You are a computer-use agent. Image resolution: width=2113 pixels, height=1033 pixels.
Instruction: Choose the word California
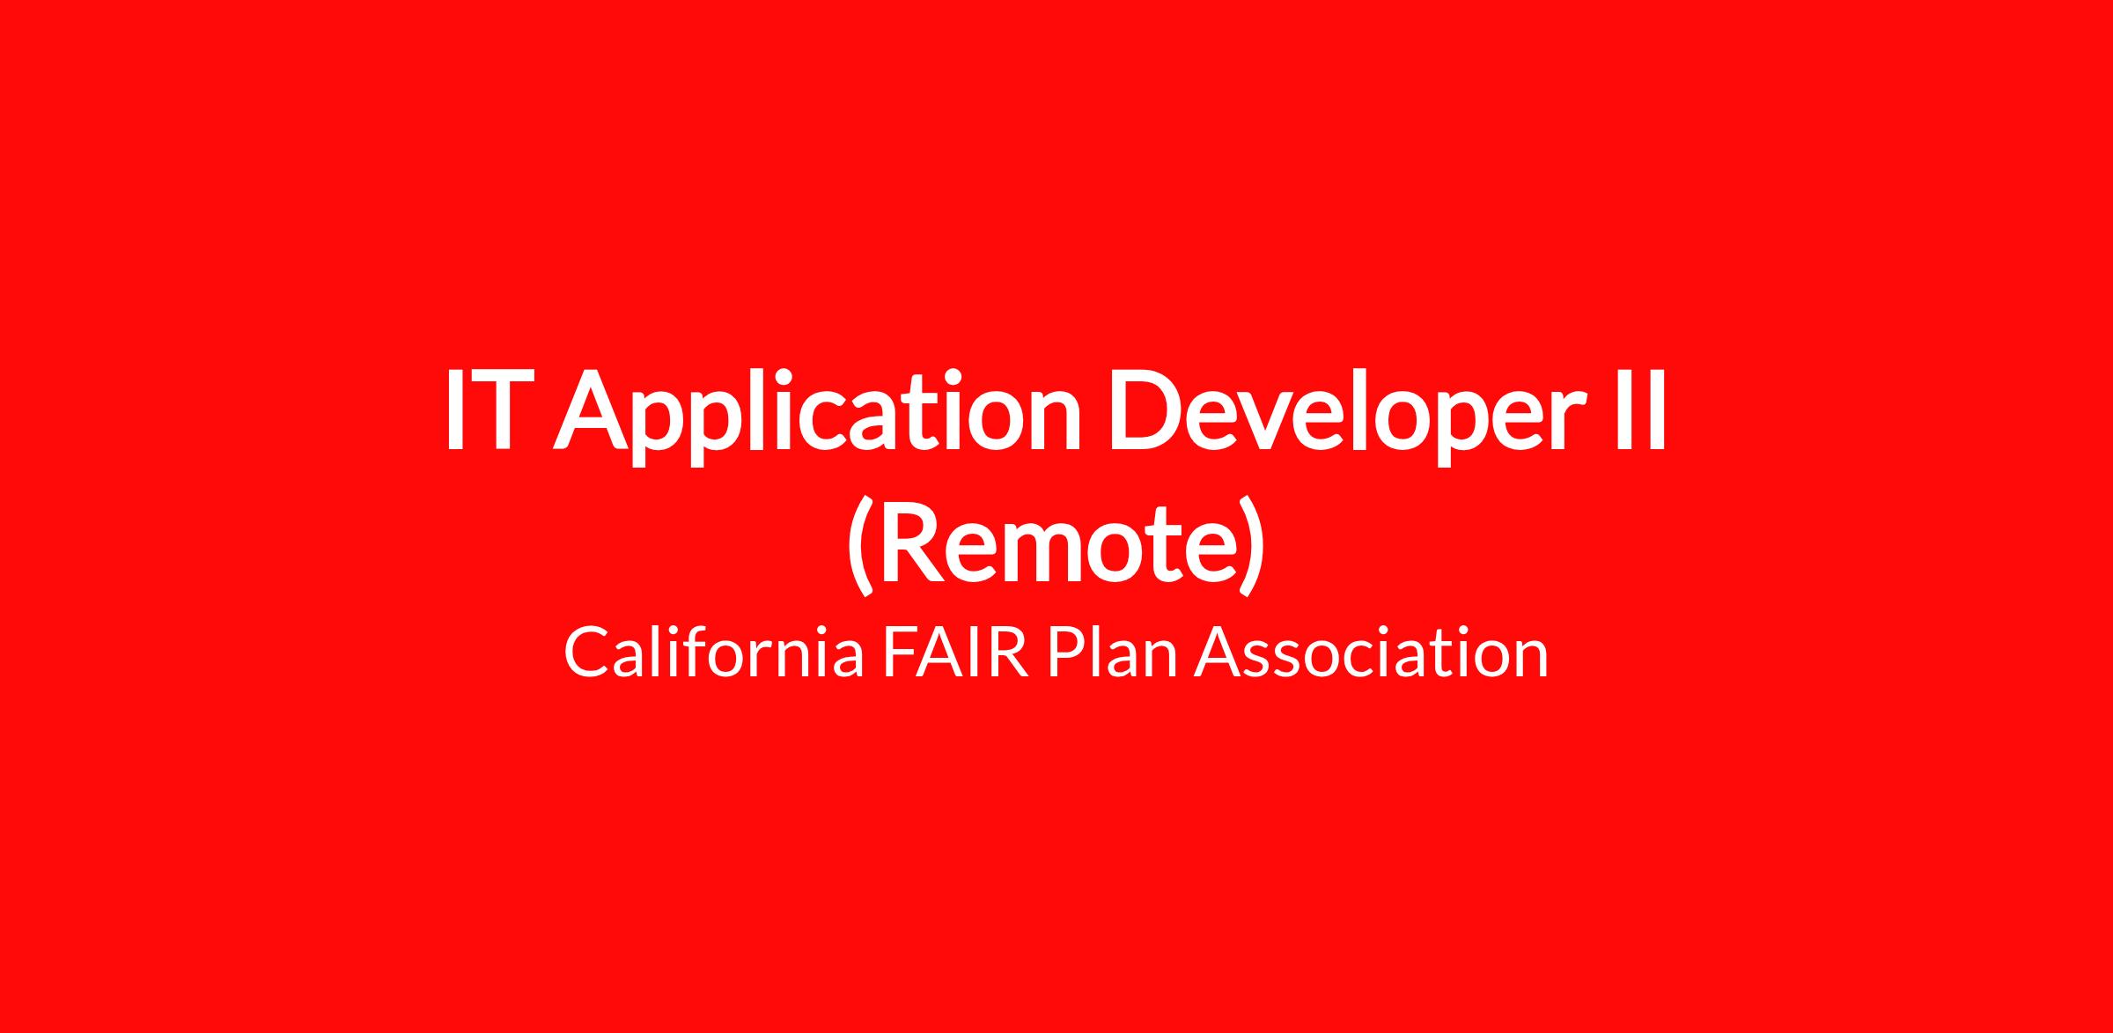[713, 652]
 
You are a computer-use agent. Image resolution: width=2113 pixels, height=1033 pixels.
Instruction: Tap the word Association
[1372, 652]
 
